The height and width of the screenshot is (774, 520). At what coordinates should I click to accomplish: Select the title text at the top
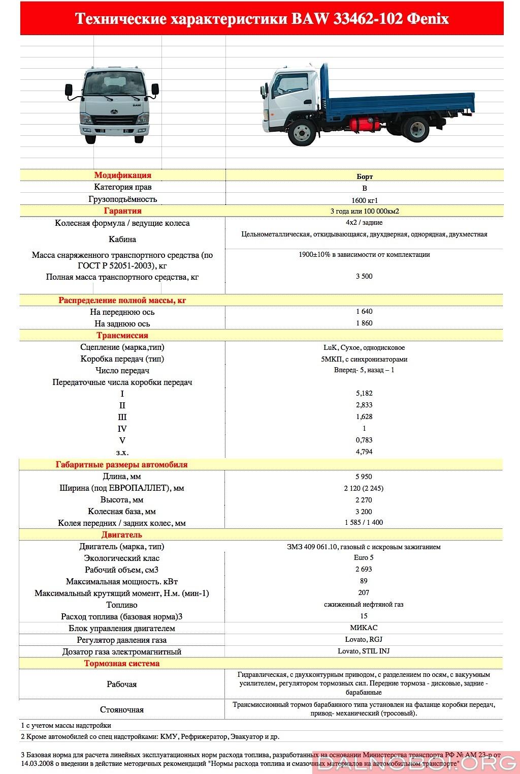coord(262,19)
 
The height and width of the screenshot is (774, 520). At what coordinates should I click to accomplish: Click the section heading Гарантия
coord(122,211)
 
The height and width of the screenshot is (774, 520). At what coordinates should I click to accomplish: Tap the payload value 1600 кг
coord(364,200)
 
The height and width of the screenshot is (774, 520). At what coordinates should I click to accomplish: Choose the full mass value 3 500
coord(364,277)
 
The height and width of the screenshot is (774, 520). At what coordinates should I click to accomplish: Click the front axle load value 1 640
coord(364,312)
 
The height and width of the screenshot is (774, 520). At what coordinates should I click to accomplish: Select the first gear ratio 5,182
coord(364,394)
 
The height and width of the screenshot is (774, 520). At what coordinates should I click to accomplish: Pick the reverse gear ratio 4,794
coord(364,452)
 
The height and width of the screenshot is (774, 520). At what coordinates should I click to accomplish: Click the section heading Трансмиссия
coord(122,336)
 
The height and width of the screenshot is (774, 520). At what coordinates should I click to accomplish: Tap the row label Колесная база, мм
coord(122,512)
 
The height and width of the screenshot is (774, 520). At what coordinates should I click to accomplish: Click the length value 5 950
coord(364,477)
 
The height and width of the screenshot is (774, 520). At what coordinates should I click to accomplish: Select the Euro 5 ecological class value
coord(364,558)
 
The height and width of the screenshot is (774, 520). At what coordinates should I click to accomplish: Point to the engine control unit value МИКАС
coord(364,628)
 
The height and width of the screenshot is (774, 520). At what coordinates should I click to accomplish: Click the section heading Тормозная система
coord(122,664)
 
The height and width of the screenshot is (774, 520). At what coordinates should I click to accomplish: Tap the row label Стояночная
coord(122,710)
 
